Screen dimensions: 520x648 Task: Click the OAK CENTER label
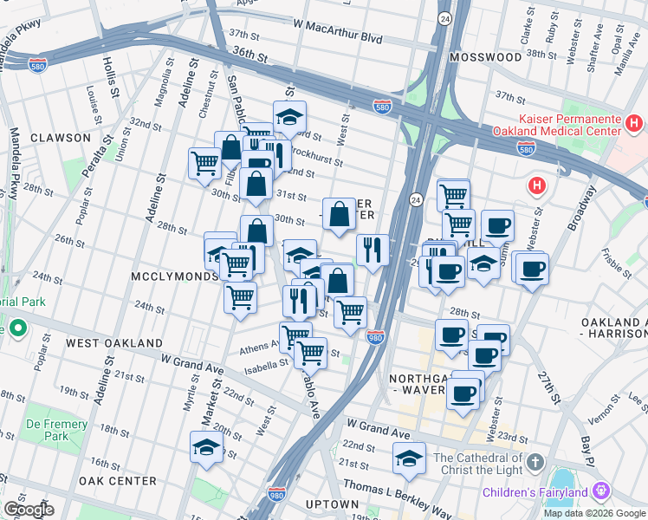tap(117, 481)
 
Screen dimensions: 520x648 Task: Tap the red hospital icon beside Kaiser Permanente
tap(633, 124)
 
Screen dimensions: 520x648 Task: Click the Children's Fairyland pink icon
tap(599, 492)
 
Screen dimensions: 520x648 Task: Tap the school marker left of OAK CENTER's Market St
tap(206, 446)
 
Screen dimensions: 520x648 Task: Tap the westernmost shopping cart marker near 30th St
tap(204, 161)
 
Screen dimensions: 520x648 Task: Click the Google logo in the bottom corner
tap(29, 510)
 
